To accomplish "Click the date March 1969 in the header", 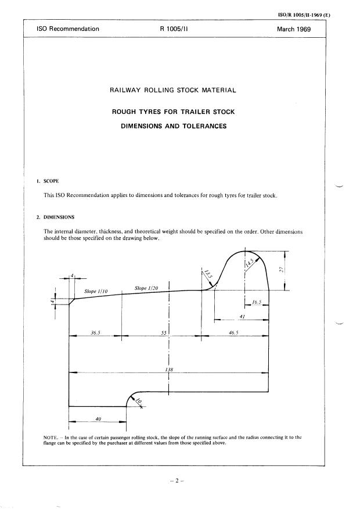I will (x=294, y=28).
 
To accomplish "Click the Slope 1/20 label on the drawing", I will (x=146, y=288).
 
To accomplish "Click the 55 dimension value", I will (x=164, y=333).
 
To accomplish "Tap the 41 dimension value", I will (x=242, y=316).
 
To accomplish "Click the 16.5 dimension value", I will (x=257, y=303).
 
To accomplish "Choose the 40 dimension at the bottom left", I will (x=98, y=418).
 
